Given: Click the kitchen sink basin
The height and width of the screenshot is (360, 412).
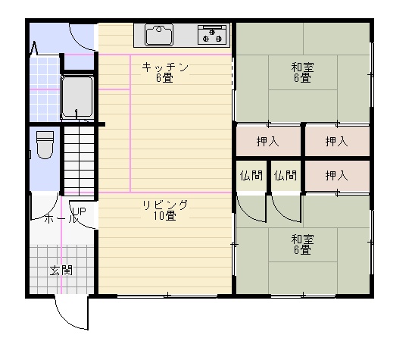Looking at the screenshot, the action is pos(159,35).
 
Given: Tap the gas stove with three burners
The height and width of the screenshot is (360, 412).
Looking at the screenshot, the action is pos(212,34).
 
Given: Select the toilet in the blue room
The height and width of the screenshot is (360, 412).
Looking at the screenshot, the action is pos(45,146).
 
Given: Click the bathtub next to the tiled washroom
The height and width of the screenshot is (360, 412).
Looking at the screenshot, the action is pos(77,98).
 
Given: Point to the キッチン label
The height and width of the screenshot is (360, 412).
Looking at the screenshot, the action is pos(165,67).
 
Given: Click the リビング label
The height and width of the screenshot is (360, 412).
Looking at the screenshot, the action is pos(165,205).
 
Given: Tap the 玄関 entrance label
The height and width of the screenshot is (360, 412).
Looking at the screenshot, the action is pos(61,271).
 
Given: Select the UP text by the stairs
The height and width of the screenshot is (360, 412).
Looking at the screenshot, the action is pos(79,211).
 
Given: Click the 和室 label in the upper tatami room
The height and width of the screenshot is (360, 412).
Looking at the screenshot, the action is pos(302,67).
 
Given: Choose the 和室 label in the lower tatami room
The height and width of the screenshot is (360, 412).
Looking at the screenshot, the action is pos(302,239).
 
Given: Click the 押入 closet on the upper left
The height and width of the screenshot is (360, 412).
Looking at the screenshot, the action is pos(268,142).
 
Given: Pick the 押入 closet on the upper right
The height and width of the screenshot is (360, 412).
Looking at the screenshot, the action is pos(336,142).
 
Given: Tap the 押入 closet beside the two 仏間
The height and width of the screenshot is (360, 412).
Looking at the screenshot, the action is pos(336,176).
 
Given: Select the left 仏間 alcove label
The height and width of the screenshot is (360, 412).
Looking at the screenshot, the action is pos(251,175).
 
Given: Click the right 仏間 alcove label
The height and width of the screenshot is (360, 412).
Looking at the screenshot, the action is pos(286,175).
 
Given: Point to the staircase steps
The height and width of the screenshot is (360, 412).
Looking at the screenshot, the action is pos(79,161).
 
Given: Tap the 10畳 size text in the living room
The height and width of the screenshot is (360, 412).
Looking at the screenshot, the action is pos(165,216).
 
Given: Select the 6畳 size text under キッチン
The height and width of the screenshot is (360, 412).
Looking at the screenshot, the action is pos(165,78).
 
